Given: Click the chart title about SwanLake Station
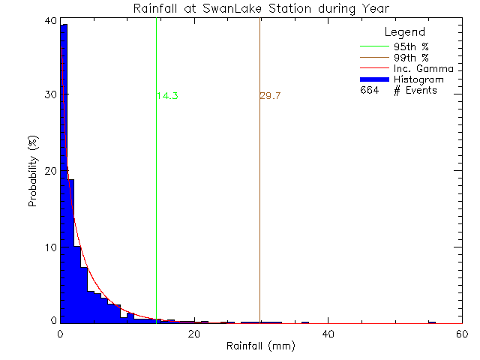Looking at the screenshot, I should point(262,8).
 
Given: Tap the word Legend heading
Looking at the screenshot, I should point(405,32).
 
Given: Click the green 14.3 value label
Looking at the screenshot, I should point(167,96).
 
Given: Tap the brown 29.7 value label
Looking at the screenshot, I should point(270,96).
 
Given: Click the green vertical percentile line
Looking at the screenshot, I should point(156,187).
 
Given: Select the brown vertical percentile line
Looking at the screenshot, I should point(259,187).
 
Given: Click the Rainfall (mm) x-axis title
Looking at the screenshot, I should point(262,346).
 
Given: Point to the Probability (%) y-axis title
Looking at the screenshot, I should point(34,172).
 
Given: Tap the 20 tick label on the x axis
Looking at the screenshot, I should point(194,334).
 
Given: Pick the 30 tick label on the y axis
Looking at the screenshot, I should point(49,95).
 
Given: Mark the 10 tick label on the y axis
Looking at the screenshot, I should point(49,247).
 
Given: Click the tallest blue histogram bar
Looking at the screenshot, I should point(64,172).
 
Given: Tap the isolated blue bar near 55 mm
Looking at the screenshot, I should point(432,322).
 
